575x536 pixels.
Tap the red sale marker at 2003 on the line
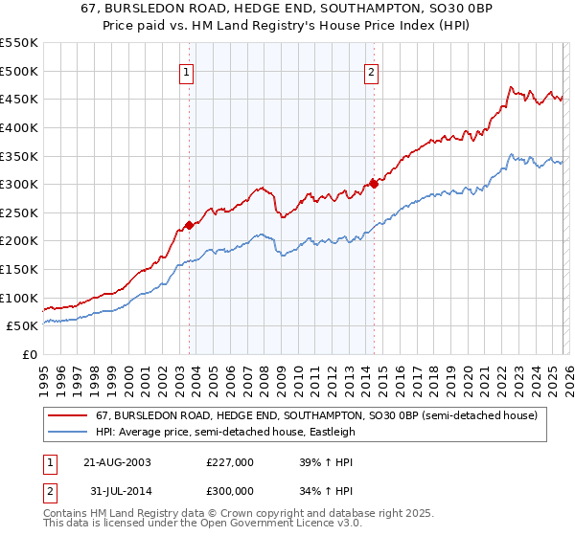pyautogui.click(x=190, y=225)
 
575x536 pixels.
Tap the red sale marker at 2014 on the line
pyautogui.click(x=375, y=184)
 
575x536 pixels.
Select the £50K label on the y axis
pyautogui.click(x=23, y=326)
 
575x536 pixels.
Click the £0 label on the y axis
pyautogui.click(x=30, y=355)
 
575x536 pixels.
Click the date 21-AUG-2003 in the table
pyautogui.click(x=117, y=461)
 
